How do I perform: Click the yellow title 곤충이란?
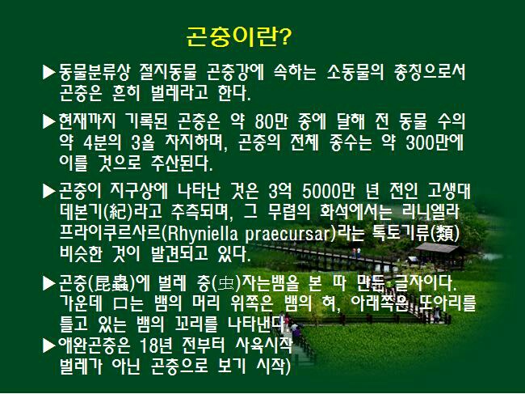coord(239,36)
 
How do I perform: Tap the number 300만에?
coord(435,143)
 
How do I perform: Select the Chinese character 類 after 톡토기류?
coord(445,234)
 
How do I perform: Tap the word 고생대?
coord(449,192)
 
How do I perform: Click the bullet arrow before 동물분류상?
coord(49,73)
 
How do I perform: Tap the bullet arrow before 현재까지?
coord(49,121)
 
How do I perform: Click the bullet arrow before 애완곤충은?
coord(49,345)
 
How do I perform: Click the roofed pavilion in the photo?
coord(439,256)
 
